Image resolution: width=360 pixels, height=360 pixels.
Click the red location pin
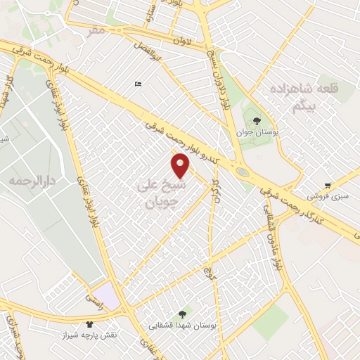180,165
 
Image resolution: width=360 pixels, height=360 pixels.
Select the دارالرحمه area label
32,181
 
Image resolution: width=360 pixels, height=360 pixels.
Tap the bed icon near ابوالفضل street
138,84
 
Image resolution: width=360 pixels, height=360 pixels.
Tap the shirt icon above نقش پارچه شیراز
89,324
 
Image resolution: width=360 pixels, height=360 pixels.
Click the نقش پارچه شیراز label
89,335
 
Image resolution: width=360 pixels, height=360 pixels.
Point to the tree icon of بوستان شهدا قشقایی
183,314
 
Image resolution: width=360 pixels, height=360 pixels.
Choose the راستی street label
94,299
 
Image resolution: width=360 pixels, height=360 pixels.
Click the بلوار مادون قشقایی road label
271,239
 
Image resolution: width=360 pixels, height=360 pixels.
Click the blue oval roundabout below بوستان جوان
242,171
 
